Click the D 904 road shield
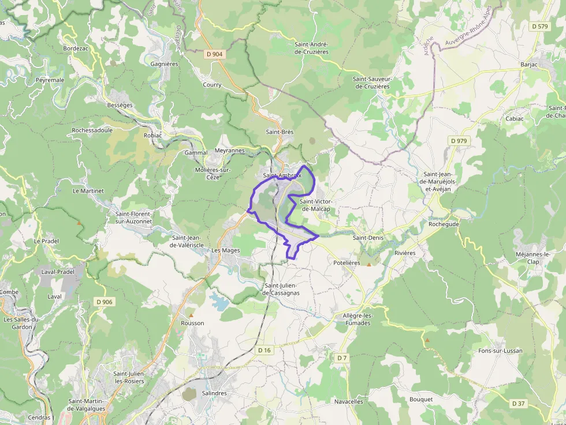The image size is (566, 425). click(x=214, y=54)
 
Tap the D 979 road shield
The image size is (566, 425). click(x=459, y=141)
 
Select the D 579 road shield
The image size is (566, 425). click(x=539, y=27)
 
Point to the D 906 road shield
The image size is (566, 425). click(x=105, y=302)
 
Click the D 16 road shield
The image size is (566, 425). click(x=264, y=350)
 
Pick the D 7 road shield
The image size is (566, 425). click(x=342, y=358)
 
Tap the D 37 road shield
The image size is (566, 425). click(x=518, y=404)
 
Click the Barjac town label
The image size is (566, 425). click(x=528, y=65)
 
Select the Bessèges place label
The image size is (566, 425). click(x=120, y=106)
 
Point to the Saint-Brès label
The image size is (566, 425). click(x=280, y=132)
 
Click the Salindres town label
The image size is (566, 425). click(x=214, y=393)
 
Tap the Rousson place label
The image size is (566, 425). click(x=192, y=323)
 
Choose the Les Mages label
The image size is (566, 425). click(x=225, y=250)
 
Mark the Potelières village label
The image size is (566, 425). click(x=347, y=262)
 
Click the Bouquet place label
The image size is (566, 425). click(x=420, y=400)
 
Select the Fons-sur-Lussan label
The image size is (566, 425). click(x=500, y=351)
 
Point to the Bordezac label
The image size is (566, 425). click(x=76, y=48)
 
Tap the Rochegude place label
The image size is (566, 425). click(x=444, y=224)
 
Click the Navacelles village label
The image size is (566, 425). click(x=349, y=401)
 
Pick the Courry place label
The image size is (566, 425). click(x=212, y=85)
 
